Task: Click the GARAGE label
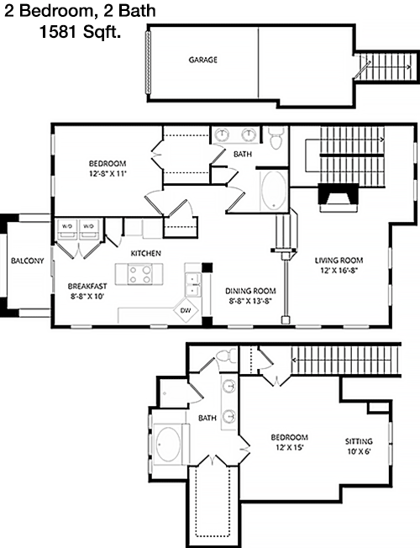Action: point(203,60)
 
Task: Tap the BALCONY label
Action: point(27,261)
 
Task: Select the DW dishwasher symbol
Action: point(186,310)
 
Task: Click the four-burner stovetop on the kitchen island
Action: point(139,274)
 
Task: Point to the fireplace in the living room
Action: point(339,198)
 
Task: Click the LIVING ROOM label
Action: point(339,261)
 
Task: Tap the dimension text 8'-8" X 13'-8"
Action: point(250,301)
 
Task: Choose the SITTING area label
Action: point(359,441)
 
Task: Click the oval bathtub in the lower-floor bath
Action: point(168,445)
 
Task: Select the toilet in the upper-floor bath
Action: point(276,138)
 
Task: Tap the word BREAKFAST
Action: point(87,287)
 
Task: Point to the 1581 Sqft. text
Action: point(80,32)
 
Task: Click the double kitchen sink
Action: point(192,285)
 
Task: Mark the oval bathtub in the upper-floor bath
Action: point(274,191)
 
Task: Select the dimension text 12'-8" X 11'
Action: point(108,173)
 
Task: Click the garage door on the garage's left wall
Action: point(148,62)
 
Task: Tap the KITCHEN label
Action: point(145,253)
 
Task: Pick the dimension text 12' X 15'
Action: point(289,447)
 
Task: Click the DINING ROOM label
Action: point(250,291)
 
